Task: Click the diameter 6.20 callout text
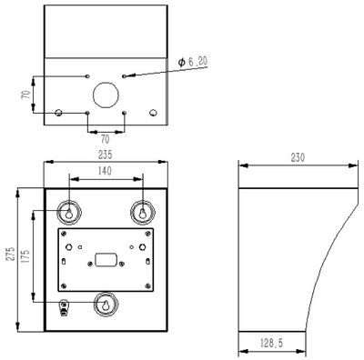pyautogui.click(x=193, y=62)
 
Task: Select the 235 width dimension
pyautogui.click(x=105, y=155)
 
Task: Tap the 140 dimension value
pyautogui.click(x=105, y=171)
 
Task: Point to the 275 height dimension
pyautogui.click(x=10, y=254)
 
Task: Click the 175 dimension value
pyautogui.click(x=25, y=256)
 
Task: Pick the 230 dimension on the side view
pyautogui.click(x=298, y=157)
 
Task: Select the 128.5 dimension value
pyautogui.click(x=271, y=343)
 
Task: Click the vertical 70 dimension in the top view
pyautogui.click(x=26, y=95)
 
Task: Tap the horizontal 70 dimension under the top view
pyautogui.click(x=105, y=139)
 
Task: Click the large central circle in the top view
pyautogui.click(x=106, y=82)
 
